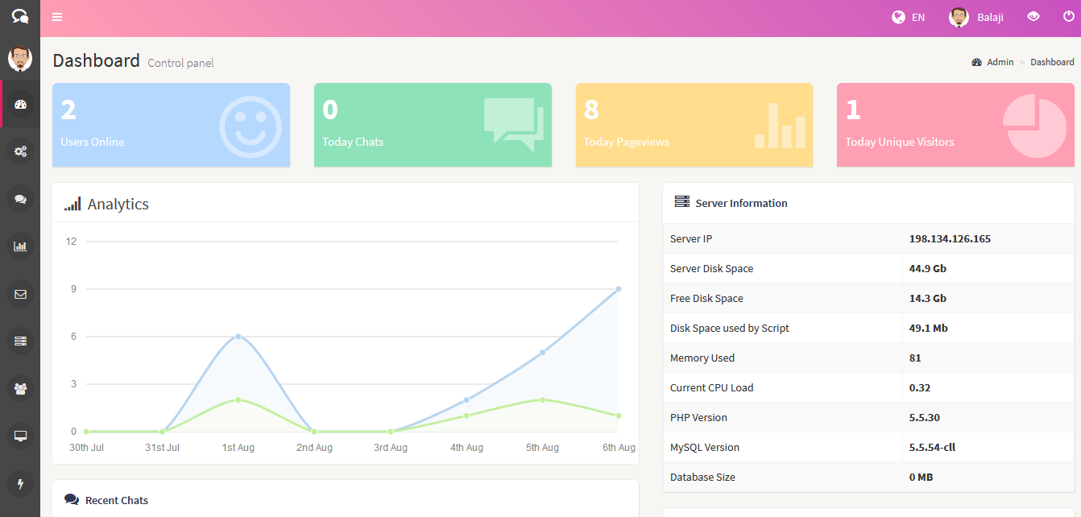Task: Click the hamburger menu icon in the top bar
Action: pyautogui.click(x=57, y=17)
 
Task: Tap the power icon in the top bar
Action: pyautogui.click(x=1069, y=17)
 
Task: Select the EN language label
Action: pyautogui.click(x=918, y=18)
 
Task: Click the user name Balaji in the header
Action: pyautogui.click(x=990, y=18)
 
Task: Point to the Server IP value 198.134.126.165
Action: pyautogui.click(x=950, y=239)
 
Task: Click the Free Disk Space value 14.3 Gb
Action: pyautogui.click(x=927, y=299)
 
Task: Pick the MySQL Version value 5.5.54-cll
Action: pyautogui.click(x=932, y=448)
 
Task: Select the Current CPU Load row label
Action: pyautogui.click(x=711, y=388)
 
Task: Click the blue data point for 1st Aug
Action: pyautogui.click(x=238, y=337)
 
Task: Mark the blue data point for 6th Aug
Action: pyautogui.click(x=619, y=289)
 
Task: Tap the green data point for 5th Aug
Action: pyautogui.click(x=542, y=400)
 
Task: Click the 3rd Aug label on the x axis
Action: pyautogui.click(x=391, y=448)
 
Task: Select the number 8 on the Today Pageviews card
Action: pyautogui.click(x=591, y=110)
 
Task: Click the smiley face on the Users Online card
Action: pyautogui.click(x=251, y=126)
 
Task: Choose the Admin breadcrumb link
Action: pyautogui.click(x=1000, y=62)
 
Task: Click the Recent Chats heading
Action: pyautogui.click(x=117, y=501)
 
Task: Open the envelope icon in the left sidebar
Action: pyautogui.click(x=21, y=294)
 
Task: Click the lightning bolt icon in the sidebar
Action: pyautogui.click(x=21, y=484)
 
